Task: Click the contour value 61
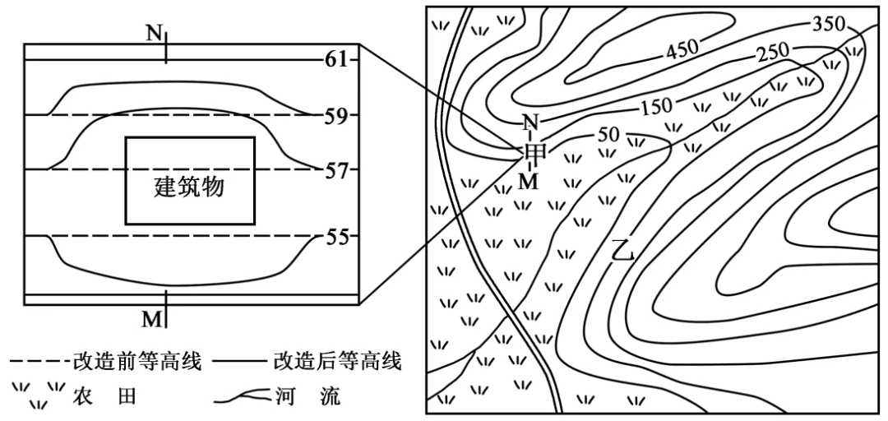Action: point(335,60)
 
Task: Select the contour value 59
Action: point(335,115)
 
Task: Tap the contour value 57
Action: point(335,170)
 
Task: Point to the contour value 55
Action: point(335,237)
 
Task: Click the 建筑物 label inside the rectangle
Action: point(189,187)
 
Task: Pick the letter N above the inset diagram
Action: point(154,34)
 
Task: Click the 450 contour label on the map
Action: point(682,51)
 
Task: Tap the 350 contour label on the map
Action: point(829,24)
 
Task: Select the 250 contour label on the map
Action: point(772,52)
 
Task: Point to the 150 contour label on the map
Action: point(655,106)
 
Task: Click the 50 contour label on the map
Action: point(608,134)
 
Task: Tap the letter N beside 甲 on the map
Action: point(530,124)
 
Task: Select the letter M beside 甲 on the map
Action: point(530,181)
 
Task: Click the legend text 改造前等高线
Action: point(137,362)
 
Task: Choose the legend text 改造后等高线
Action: point(337,362)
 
